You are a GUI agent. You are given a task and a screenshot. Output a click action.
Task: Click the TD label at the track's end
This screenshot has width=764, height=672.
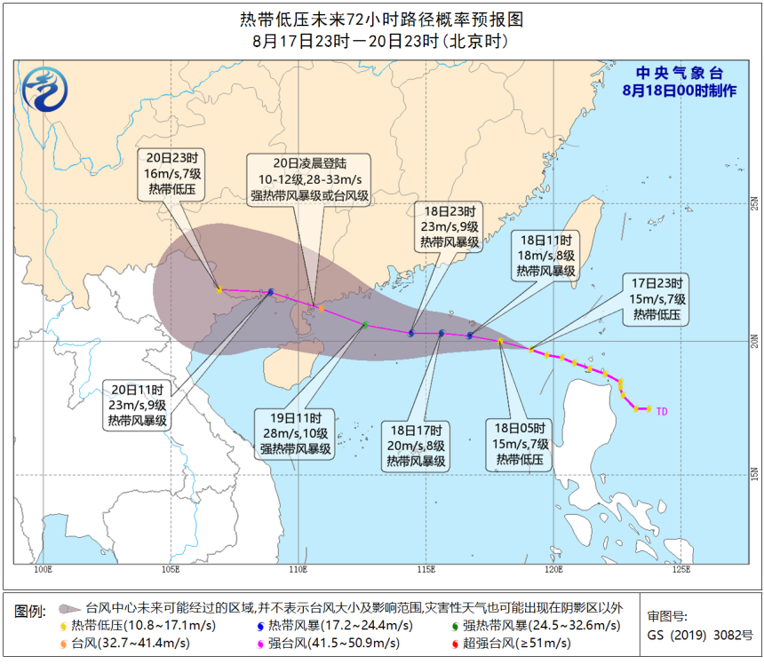tap(661, 410)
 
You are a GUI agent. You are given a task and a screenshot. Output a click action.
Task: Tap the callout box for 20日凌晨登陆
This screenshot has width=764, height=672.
tap(309, 179)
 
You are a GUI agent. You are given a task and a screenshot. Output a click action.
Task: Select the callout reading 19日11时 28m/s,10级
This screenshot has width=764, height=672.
tap(296, 433)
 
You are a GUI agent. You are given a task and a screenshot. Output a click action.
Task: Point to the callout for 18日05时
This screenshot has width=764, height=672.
tap(522, 443)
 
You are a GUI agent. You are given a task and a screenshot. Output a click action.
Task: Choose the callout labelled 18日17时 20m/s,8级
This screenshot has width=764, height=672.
tap(417, 446)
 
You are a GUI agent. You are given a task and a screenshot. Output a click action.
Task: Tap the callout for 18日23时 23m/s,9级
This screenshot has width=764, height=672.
tap(449, 226)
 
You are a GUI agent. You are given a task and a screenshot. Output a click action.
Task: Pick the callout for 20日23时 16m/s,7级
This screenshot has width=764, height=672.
tap(171, 174)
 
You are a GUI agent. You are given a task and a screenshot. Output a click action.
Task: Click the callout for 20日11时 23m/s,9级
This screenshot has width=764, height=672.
tap(137, 405)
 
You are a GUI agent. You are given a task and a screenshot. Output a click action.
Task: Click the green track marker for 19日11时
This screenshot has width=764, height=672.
tap(364, 325)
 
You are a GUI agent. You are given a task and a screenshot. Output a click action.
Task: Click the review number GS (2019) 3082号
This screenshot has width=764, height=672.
tap(700, 636)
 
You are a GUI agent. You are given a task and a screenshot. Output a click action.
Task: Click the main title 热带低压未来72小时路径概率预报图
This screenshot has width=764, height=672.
tap(381, 19)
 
